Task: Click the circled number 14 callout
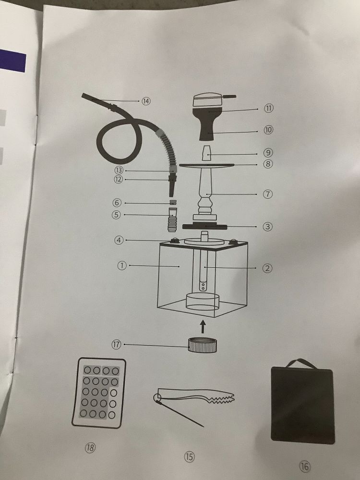[146, 101]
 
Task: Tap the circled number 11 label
[268, 108]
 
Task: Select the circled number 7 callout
[267, 194]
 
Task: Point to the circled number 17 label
[116, 344]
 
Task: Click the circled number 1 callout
[122, 265]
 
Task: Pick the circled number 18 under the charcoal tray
[90, 448]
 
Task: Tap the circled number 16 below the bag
[304, 467]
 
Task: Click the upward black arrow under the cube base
[203, 326]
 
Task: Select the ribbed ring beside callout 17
[203, 345]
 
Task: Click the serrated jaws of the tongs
[221, 398]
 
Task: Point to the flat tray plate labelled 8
[206, 165]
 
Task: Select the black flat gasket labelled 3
[204, 227]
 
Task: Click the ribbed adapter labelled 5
[172, 219]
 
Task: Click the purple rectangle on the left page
[13, 60]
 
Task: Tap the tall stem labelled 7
[205, 192]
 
